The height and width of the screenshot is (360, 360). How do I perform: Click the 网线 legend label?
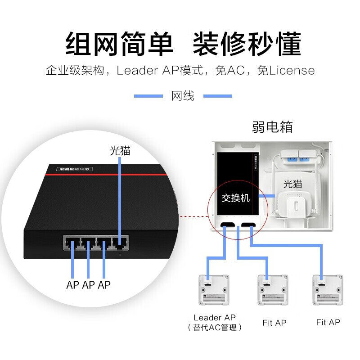(183, 96)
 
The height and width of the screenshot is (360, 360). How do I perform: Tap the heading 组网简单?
(119, 44)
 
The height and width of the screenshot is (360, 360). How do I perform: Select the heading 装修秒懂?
(247, 44)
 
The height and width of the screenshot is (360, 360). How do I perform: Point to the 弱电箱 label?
(272, 127)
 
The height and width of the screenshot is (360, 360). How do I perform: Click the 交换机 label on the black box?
(235, 198)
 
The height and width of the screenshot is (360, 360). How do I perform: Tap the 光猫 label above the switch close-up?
(120, 151)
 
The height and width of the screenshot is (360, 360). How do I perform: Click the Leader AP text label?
(214, 318)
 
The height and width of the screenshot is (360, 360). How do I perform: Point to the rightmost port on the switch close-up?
(120, 244)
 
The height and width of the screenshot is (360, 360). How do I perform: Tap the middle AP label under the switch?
(88, 284)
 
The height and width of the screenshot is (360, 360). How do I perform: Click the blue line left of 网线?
(148, 96)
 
